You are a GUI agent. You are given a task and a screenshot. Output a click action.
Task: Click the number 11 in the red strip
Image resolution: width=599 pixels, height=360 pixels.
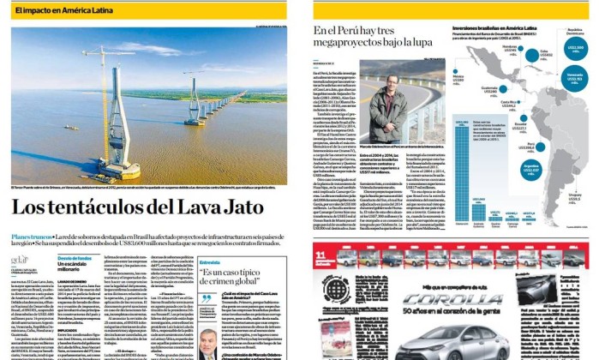[319, 252]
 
